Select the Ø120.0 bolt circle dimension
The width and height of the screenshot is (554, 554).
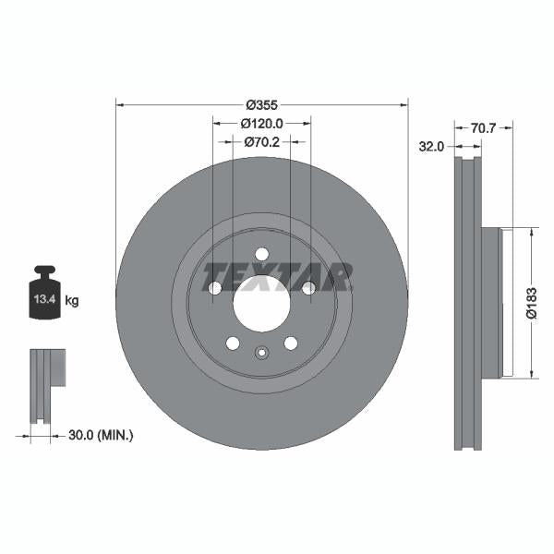pyautogui.click(x=261, y=123)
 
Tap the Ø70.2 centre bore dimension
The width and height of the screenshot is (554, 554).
pyautogui.click(x=261, y=143)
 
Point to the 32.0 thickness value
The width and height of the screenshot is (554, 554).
pyautogui.click(x=431, y=146)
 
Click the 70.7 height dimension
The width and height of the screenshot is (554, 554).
pyautogui.click(x=483, y=129)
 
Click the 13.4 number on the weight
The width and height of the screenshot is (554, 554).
pyautogui.click(x=44, y=300)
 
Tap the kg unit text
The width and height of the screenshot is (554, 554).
pyautogui.click(x=72, y=301)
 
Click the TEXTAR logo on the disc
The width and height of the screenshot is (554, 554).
pyautogui.click(x=277, y=275)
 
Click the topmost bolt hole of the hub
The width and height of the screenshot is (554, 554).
pyautogui.click(x=261, y=254)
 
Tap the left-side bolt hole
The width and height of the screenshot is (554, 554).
pyautogui.click(x=215, y=288)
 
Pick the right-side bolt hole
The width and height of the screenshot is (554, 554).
pyautogui.click(x=307, y=288)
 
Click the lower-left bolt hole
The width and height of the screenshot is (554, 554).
pyautogui.click(x=233, y=343)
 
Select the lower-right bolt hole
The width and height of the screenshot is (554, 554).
pyautogui.click(x=290, y=343)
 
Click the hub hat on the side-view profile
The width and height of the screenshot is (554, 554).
pyautogui.click(x=491, y=302)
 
